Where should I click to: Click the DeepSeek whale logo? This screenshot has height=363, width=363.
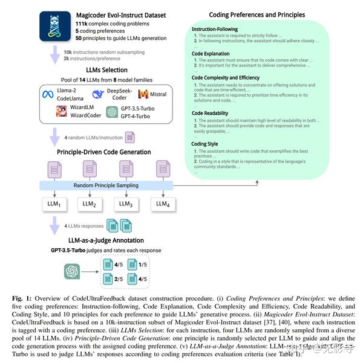(x=97, y=94)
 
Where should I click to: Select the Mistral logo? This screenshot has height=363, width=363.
(x=143, y=94)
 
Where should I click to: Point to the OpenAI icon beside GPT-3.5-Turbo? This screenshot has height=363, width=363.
(x=111, y=112)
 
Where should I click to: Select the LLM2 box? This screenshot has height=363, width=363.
(x=90, y=204)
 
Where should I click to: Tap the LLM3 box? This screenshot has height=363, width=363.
(x=126, y=204)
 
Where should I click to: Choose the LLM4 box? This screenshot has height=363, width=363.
(x=162, y=204)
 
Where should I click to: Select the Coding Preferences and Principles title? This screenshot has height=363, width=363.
(x=257, y=14)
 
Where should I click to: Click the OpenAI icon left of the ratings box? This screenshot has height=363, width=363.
(x=73, y=272)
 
